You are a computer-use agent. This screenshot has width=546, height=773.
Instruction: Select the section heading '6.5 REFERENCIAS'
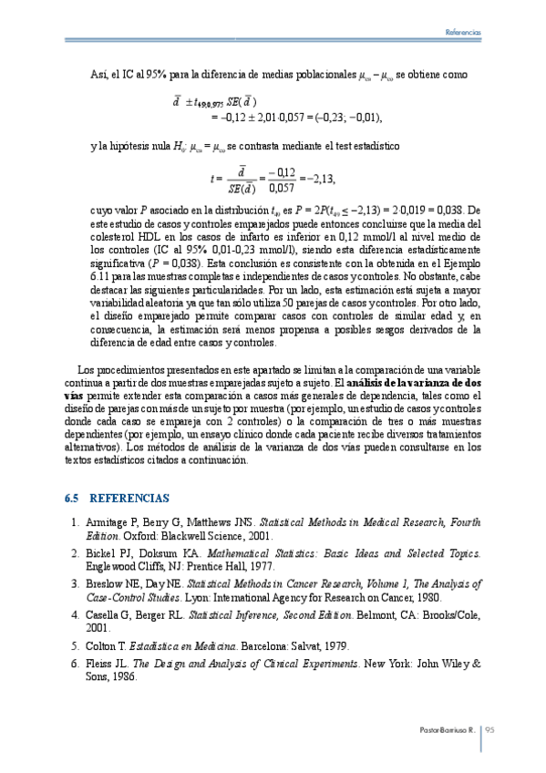pyautogui.click(x=117, y=500)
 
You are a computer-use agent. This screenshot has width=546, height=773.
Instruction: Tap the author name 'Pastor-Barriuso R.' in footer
pyautogui.click(x=448, y=729)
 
